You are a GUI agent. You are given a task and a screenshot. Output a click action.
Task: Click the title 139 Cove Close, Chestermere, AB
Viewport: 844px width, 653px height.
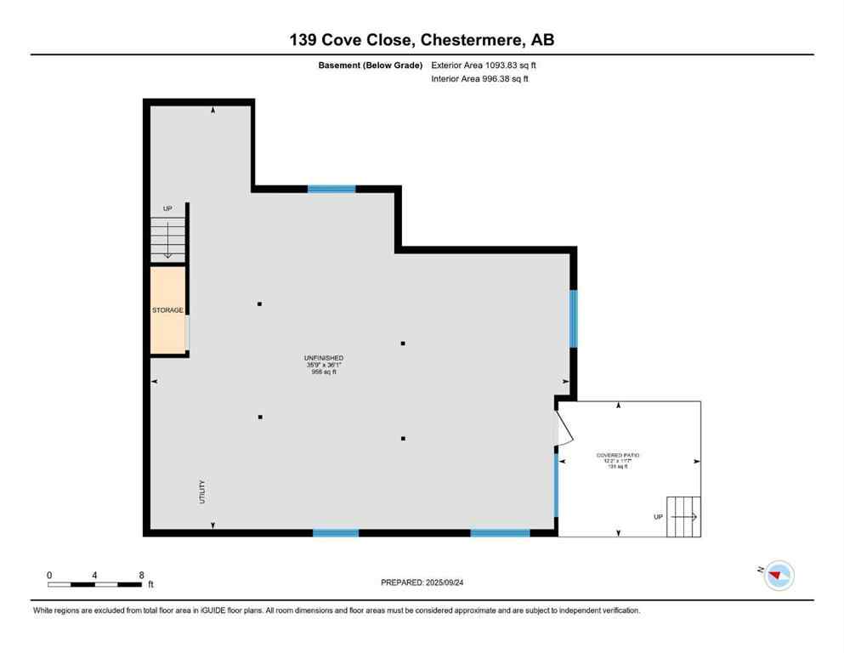[x=422, y=40]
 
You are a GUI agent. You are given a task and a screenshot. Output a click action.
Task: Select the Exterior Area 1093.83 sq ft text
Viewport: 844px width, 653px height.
[x=484, y=65]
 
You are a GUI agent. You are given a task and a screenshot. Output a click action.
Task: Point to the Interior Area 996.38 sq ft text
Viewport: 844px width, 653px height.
[x=481, y=79]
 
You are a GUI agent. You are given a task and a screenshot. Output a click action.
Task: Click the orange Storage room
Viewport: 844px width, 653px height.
[x=168, y=310]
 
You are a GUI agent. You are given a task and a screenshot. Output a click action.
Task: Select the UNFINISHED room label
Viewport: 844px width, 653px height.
[x=324, y=358]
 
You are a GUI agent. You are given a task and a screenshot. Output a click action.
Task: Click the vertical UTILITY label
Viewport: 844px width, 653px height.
[x=202, y=491]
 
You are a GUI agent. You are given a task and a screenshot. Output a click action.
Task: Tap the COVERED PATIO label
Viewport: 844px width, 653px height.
[x=618, y=456]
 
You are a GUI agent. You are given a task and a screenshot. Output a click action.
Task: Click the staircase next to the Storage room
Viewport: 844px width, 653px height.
[x=168, y=239]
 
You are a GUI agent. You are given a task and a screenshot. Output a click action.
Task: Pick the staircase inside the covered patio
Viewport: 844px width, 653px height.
[x=683, y=516]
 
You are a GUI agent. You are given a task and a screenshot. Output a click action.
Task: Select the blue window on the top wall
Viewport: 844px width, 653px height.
[x=331, y=189]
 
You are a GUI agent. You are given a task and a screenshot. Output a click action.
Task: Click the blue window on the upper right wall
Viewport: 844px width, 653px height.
[x=573, y=319]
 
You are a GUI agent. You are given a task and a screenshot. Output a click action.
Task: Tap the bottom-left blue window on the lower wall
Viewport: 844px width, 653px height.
[x=335, y=533]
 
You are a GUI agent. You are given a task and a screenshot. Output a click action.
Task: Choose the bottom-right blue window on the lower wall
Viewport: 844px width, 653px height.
[x=500, y=533]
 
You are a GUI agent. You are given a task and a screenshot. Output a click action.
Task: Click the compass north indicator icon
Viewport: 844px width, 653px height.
[x=778, y=576]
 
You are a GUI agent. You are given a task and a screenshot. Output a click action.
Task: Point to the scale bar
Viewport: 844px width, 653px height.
[x=94, y=584]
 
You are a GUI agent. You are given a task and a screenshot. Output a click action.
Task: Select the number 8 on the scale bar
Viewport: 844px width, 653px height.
[x=140, y=575]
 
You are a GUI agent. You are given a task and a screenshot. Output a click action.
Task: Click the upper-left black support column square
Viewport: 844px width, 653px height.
[x=260, y=304]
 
